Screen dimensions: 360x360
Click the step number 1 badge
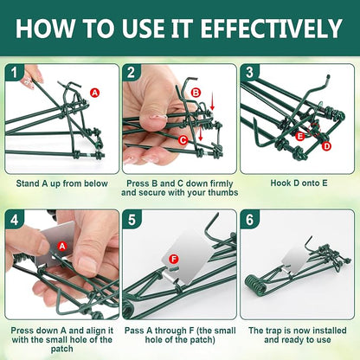(14, 73)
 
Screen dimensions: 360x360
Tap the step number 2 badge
(131, 73)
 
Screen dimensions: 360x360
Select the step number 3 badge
(249, 73)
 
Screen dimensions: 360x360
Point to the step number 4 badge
(14, 220)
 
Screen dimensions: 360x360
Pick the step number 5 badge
(132, 220)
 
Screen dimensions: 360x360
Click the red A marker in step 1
(94, 93)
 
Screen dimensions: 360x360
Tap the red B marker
(196, 93)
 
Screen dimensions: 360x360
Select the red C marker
(183, 140)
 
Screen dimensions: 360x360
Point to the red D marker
(326, 146)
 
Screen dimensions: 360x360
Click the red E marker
(300, 136)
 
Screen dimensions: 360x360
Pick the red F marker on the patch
(173, 259)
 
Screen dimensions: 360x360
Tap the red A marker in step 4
(62, 246)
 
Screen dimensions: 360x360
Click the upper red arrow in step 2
(212, 105)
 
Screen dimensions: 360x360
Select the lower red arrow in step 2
(201, 134)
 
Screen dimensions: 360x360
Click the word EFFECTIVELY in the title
(271, 29)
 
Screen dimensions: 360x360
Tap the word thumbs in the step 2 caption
(223, 192)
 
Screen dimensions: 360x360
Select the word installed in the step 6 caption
(330, 331)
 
